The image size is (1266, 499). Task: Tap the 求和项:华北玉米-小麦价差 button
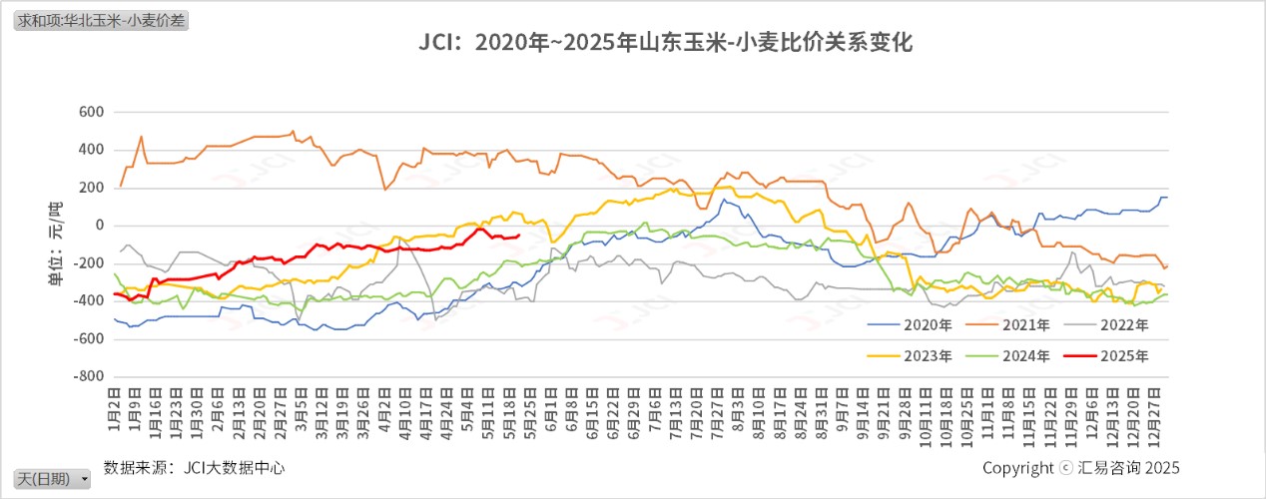click(101, 20)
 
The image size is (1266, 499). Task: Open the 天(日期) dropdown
click(53, 479)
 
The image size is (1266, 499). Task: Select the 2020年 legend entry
click(909, 324)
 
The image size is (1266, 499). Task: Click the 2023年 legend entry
click(909, 355)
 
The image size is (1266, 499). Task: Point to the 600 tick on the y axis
click(91, 112)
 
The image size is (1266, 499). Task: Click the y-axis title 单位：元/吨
click(56, 245)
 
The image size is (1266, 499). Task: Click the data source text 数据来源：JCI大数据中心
click(194, 467)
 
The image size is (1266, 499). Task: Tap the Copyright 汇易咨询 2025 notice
click(1080, 468)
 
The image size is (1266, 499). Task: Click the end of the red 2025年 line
click(518, 236)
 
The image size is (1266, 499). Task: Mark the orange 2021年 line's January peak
click(141, 137)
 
